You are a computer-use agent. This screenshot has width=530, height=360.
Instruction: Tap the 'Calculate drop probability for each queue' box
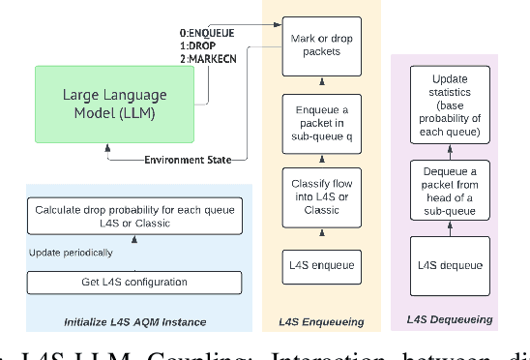134,218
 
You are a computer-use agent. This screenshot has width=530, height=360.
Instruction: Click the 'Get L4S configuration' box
134,282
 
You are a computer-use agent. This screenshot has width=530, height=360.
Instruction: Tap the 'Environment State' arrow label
187,160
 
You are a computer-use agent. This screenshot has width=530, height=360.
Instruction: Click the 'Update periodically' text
70,253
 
